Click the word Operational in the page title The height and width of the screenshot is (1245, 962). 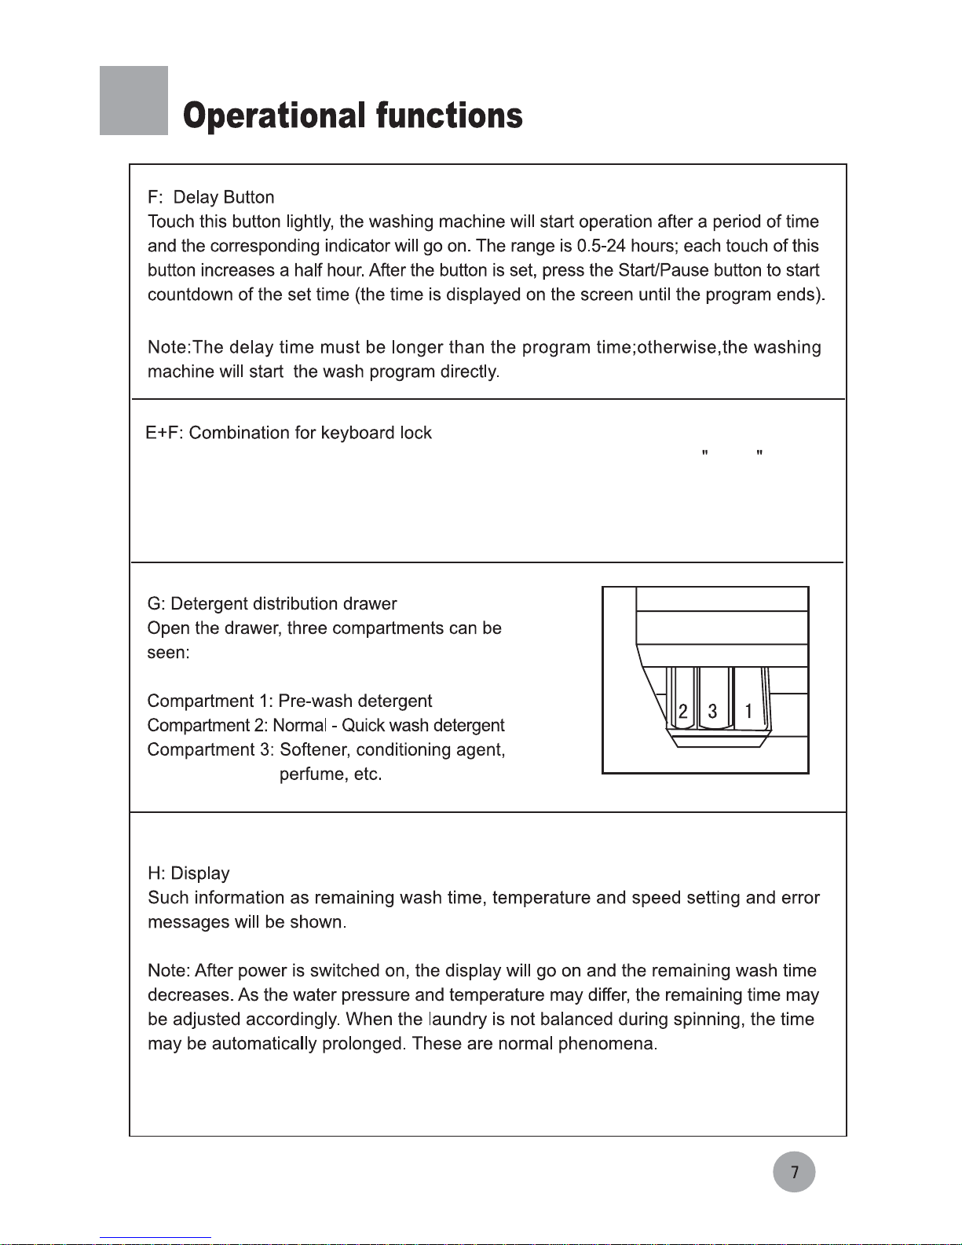[274, 117]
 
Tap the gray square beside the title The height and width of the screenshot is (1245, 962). [134, 101]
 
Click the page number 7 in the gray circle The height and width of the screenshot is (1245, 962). [794, 1172]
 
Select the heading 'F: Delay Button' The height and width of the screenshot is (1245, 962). [210, 197]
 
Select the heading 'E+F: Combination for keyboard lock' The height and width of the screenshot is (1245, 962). [289, 433]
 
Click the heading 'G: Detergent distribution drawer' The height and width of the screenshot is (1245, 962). [272, 604]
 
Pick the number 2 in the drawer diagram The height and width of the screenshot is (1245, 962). [682, 712]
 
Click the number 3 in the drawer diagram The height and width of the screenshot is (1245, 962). [712, 712]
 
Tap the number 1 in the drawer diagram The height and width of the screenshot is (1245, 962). [748, 712]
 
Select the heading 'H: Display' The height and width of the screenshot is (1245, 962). [188, 873]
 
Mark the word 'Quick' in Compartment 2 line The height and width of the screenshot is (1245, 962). [364, 726]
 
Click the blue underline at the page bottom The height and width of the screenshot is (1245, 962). [155, 1238]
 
